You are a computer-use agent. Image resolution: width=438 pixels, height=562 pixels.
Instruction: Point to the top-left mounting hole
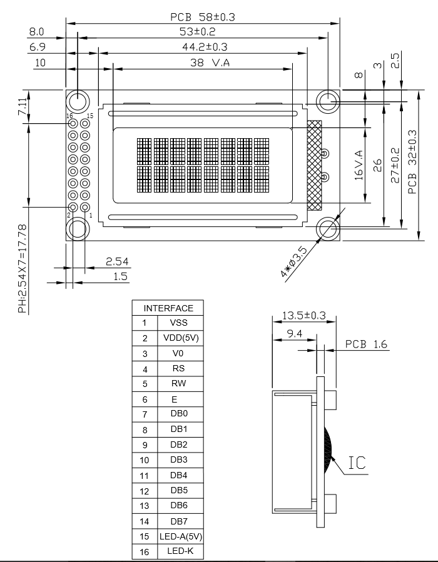pyautogui.click(x=78, y=101)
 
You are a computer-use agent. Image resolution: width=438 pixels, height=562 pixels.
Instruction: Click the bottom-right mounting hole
pyautogui.click(x=328, y=229)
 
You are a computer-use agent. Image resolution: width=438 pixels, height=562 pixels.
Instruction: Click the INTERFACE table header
pyautogui.click(x=168, y=308)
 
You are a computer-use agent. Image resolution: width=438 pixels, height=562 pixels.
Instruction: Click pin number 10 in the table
pyautogui.click(x=145, y=459)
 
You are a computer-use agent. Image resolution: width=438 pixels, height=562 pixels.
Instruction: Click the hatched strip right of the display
pyautogui.click(x=313, y=165)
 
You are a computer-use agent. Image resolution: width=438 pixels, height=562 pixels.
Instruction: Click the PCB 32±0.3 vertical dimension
pyautogui.click(x=412, y=161)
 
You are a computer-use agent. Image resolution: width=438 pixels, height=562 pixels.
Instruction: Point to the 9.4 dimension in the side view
pyautogui.click(x=294, y=334)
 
